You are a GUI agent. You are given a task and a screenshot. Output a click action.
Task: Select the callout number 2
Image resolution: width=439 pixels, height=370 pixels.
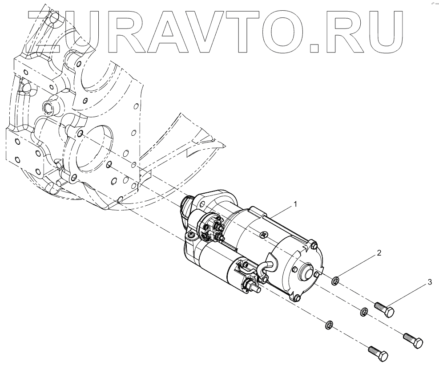pyautogui.click(x=379, y=254)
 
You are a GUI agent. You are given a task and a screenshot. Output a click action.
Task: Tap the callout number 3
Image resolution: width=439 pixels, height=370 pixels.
pyautogui.click(x=430, y=282)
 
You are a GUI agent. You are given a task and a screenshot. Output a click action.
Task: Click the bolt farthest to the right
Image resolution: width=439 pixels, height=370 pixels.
pyautogui.click(x=413, y=341)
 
